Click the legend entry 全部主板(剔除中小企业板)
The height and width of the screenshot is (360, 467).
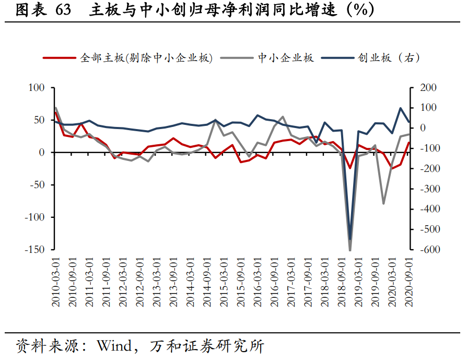(x=146, y=58)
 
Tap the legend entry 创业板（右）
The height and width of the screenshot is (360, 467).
(x=389, y=58)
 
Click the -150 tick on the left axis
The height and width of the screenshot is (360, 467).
(x=35, y=249)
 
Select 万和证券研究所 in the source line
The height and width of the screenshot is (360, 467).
(x=206, y=346)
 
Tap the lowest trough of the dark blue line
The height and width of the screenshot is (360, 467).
(x=350, y=239)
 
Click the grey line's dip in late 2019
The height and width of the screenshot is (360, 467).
(x=384, y=203)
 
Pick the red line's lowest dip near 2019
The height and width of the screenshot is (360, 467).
(x=351, y=168)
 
